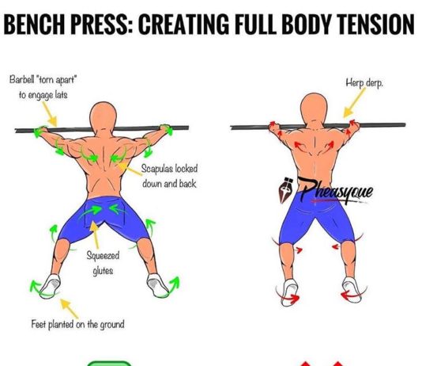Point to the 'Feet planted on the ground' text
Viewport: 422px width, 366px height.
78,324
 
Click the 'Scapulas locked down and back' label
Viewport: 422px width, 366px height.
169,176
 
